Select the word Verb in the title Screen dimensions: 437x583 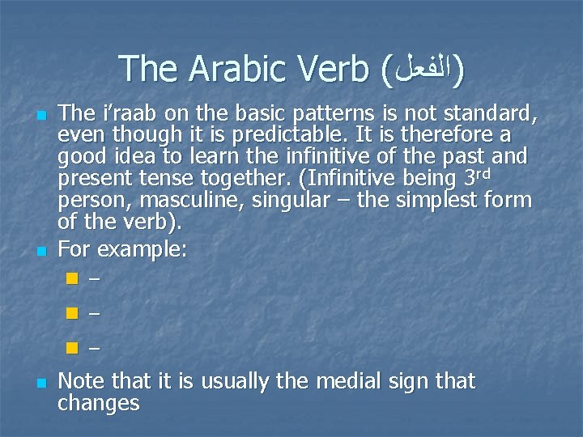334,70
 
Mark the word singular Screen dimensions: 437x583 289,199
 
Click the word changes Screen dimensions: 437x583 99,403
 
